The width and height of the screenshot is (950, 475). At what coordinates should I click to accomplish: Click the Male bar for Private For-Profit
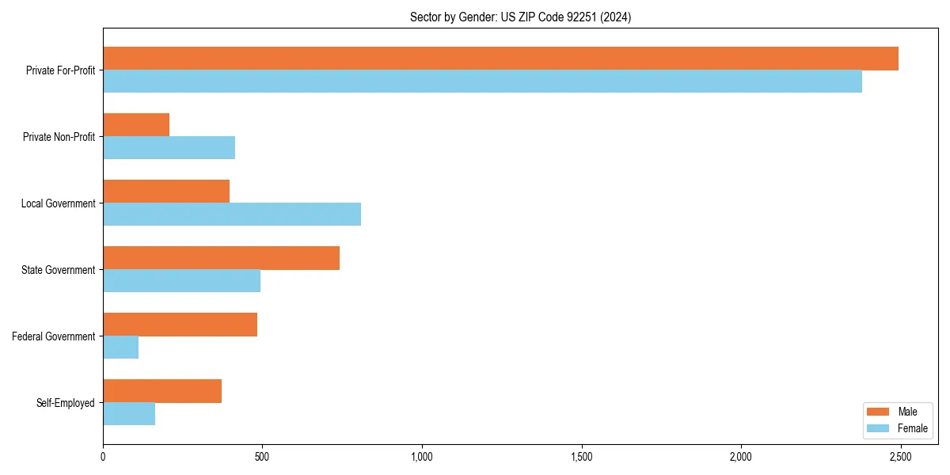click(500, 59)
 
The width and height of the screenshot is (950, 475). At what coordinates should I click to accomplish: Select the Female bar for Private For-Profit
click(482, 82)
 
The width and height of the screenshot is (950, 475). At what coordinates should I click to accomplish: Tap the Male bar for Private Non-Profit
click(136, 125)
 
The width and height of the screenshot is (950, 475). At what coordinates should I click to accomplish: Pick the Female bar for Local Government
click(232, 215)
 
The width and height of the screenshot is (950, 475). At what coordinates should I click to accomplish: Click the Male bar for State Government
click(221, 258)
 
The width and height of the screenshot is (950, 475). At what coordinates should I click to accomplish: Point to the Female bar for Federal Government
click(120, 348)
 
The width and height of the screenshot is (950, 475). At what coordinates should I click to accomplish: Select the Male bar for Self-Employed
click(162, 391)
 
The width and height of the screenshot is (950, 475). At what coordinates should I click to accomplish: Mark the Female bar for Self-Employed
click(129, 414)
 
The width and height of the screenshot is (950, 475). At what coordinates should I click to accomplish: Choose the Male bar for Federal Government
click(180, 325)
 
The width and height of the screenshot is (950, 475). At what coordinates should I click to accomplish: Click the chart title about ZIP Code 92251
click(520, 17)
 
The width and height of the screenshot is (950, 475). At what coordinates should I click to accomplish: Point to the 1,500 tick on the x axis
click(581, 457)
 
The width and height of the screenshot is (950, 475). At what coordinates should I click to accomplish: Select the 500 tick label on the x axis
click(262, 457)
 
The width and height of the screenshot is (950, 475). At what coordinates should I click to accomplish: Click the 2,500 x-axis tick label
click(900, 457)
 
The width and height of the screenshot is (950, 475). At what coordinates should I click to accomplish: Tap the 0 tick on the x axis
click(103, 457)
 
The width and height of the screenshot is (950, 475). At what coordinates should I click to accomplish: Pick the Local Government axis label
click(58, 203)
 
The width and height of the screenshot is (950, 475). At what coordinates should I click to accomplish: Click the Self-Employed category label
click(65, 403)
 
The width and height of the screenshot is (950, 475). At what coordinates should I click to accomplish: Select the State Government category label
click(58, 270)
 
